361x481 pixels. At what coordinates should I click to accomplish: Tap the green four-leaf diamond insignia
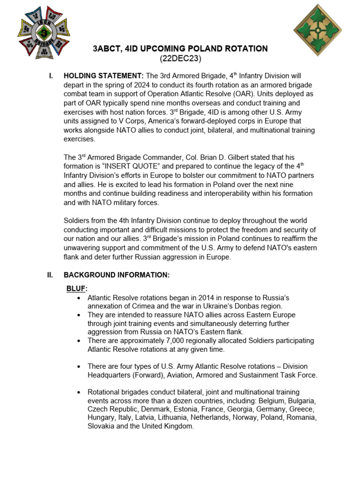point(318,30)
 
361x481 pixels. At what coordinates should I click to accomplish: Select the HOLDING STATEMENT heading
point(104,76)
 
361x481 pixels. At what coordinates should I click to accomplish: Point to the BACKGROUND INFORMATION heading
point(116,275)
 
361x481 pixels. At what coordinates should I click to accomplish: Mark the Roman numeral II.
point(50,275)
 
